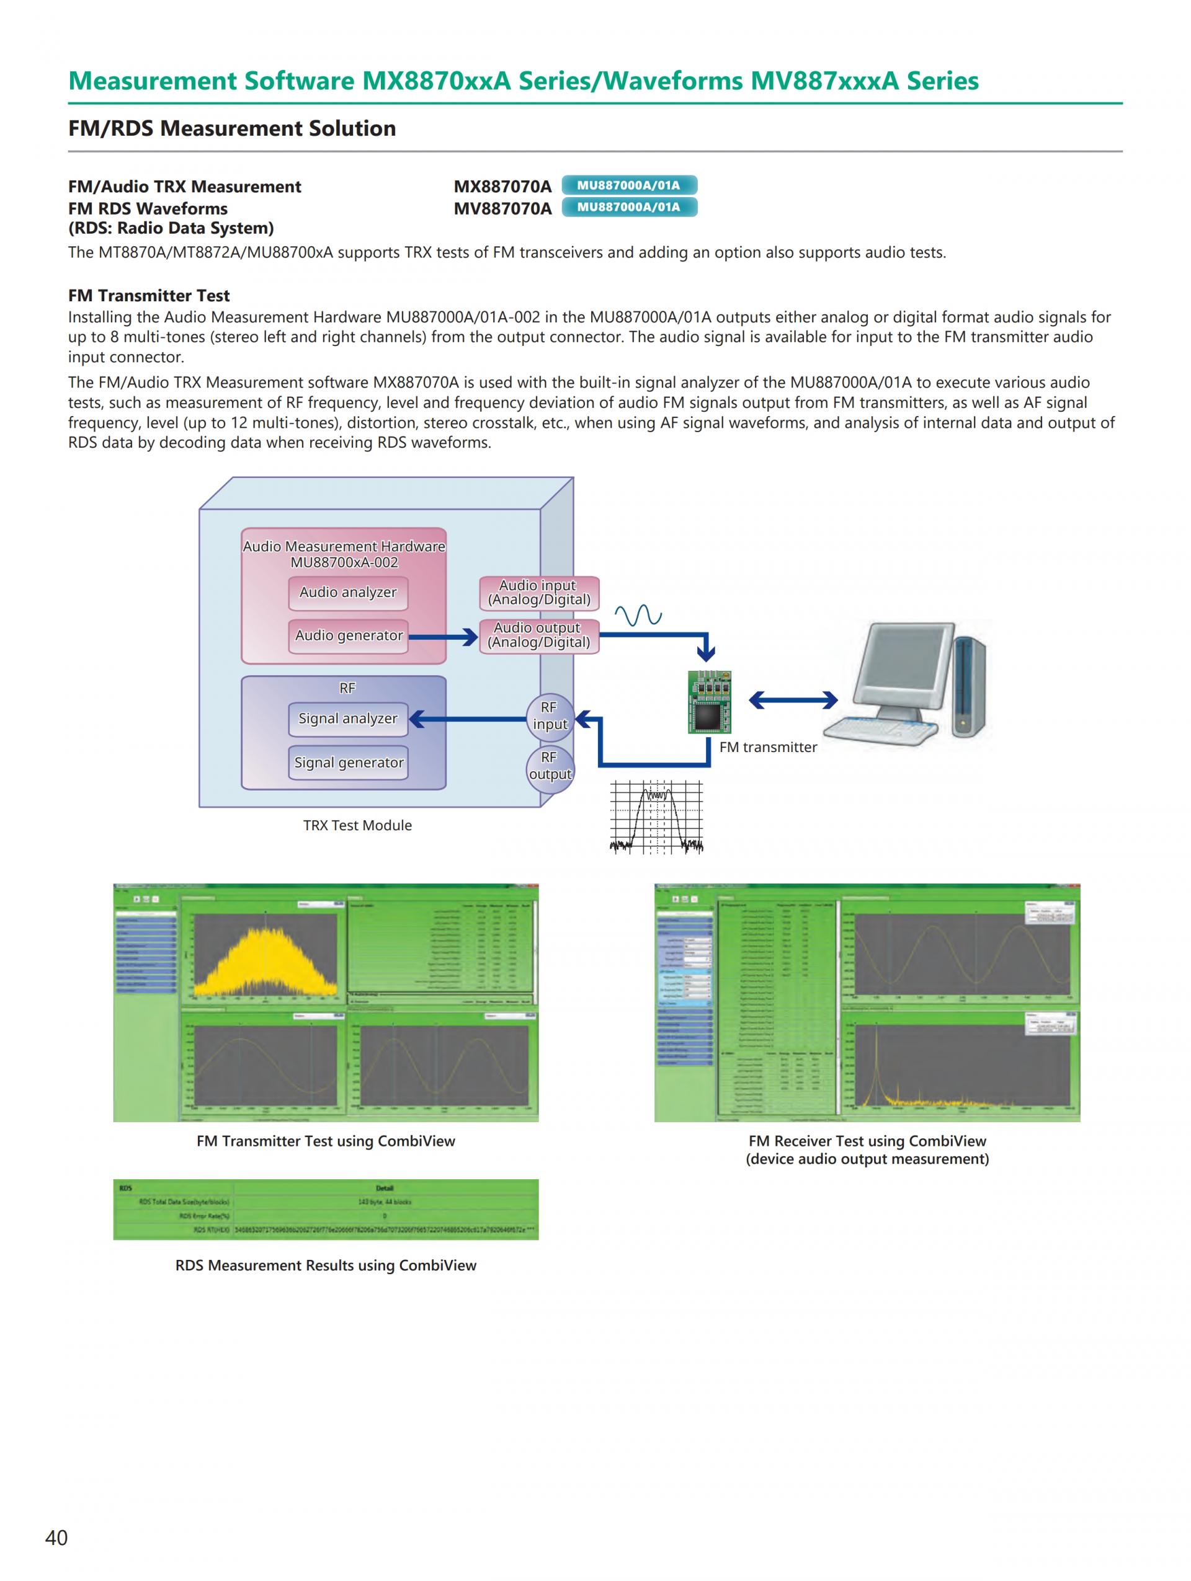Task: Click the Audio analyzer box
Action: click(348, 593)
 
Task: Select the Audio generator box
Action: click(348, 635)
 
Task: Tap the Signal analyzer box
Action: click(348, 719)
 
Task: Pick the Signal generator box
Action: click(348, 763)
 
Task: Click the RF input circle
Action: click(549, 716)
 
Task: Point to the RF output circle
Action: click(549, 766)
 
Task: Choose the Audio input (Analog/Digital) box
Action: click(538, 593)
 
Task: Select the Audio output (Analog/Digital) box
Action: click(538, 635)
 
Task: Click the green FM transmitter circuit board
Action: click(709, 701)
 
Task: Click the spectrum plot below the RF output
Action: click(656, 817)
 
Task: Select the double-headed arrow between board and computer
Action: click(793, 701)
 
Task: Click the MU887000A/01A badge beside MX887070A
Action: click(628, 186)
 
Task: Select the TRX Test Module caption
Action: click(357, 825)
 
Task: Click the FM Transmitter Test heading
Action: click(149, 296)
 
